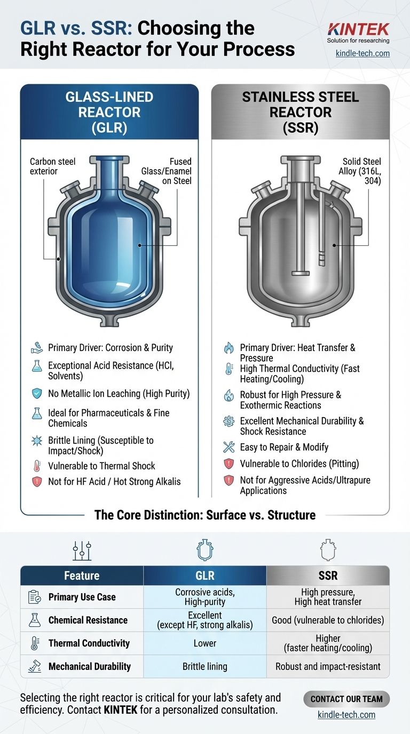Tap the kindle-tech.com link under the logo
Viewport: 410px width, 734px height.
point(362,53)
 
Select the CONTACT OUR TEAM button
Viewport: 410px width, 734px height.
point(346,699)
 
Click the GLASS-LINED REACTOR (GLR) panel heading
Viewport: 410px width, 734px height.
point(109,113)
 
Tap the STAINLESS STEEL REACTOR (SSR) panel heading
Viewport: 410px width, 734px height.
point(301,113)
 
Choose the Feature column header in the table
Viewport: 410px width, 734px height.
point(82,575)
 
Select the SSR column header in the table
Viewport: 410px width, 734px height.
point(328,575)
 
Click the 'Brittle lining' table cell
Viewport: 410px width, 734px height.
point(204,666)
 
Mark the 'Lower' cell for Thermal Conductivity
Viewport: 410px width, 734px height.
point(204,643)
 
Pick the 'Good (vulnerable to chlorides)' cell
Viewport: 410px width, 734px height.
point(328,620)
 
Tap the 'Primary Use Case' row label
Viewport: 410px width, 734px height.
point(82,597)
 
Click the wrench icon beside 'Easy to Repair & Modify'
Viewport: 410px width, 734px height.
point(228,447)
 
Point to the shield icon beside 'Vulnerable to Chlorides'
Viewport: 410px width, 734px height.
point(228,464)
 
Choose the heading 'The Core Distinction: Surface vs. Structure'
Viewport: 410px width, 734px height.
point(205,515)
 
